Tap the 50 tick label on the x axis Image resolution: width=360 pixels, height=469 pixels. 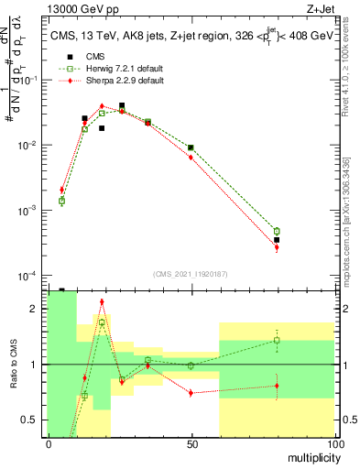pos(191,444)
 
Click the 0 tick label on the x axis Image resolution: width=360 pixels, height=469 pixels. pos(49,444)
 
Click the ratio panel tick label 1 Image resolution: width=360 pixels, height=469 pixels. pos(34,365)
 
